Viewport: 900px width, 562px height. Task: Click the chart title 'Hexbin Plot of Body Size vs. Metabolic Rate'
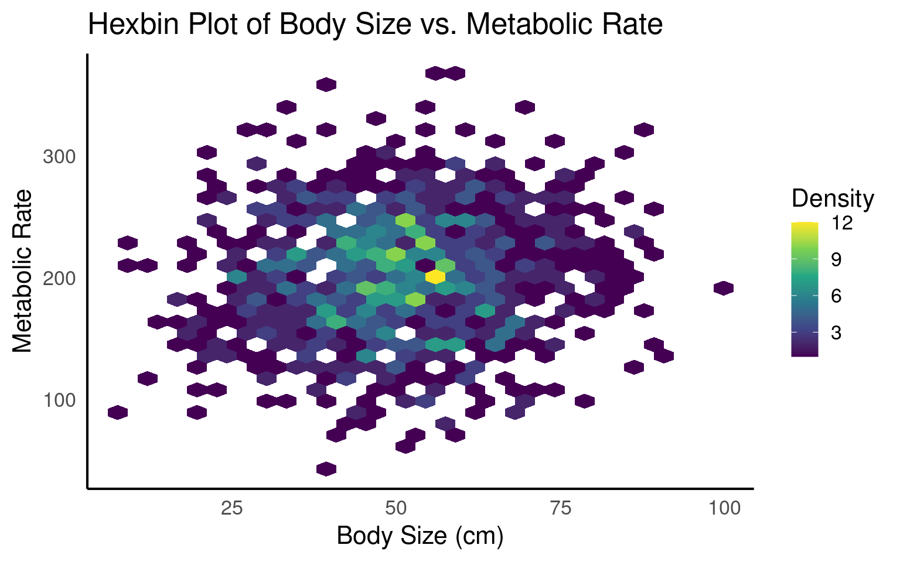click(x=375, y=25)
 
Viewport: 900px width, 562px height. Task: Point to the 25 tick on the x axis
click(x=232, y=508)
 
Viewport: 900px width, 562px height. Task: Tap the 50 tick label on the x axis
click(x=396, y=508)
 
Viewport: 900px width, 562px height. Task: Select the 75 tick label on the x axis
click(x=561, y=508)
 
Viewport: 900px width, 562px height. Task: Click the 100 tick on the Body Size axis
click(x=725, y=508)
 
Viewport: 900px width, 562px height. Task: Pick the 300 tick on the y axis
click(x=59, y=157)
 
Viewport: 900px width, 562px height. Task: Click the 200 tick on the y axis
click(x=59, y=279)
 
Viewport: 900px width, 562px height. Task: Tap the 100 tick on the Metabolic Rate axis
click(x=59, y=400)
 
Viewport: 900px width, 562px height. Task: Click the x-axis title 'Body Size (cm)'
click(x=420, y=536)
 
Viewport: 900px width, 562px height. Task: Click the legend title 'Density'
click(x=833, y=199)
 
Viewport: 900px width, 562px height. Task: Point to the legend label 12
click(x=842, y=223)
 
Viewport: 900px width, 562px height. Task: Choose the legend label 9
click(x=836, y=259)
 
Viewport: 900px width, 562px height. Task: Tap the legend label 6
click(x=836, y=296)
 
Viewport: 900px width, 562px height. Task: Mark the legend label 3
click(x=836, y=333)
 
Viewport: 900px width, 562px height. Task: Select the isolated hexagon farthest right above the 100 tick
click(x=724, y=288)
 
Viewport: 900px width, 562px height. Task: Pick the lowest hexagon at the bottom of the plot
click(x=326, y=469)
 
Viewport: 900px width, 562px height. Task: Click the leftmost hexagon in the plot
click(x=118, y=412)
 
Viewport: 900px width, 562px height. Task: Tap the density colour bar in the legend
click(x=804, y=289)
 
